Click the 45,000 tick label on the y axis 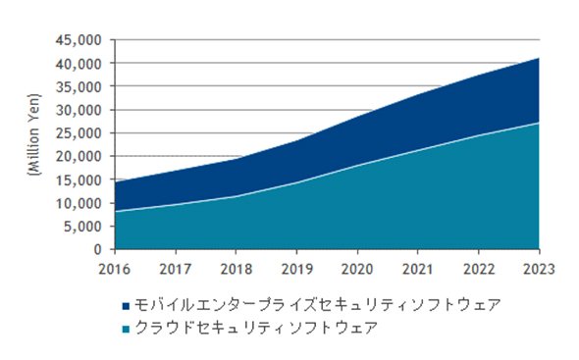pyautogui.click(x=79, y=40)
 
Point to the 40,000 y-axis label pyautogui.click(x=79, y=64)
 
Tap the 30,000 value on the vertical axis pyautogui.click(x=79, y=111)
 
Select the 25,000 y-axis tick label pyautogui.click(x=79, y=133)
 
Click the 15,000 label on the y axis pyautogui.click(x=79, y=180)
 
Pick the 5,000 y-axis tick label pyautogui.click(x=82, y=227)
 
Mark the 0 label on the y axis pyautogui.click(x=97, y=250)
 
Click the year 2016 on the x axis pyautogui.click(x=115, y=269)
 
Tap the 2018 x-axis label pyautogui.click(x=237, y=269)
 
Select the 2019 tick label pyautogui.click(x=297, y=269)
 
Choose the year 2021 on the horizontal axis pyautogui.click(x=418, y=269)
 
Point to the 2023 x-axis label pyautogui.click(x=539, y=269)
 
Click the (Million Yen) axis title pyautogui.click(x=34, y=134)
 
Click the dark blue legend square pyautogui.click(x=126, y=306)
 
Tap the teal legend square pyautogui.click(x=126, y=329)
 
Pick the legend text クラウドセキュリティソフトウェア pyautogui.click(x=257, y=328)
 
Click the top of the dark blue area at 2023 pyautogui.click(x=539, y=58)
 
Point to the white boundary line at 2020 pyautogui.click(x=357, y=166)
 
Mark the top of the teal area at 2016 pyautogui.click(x=116, y=211)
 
